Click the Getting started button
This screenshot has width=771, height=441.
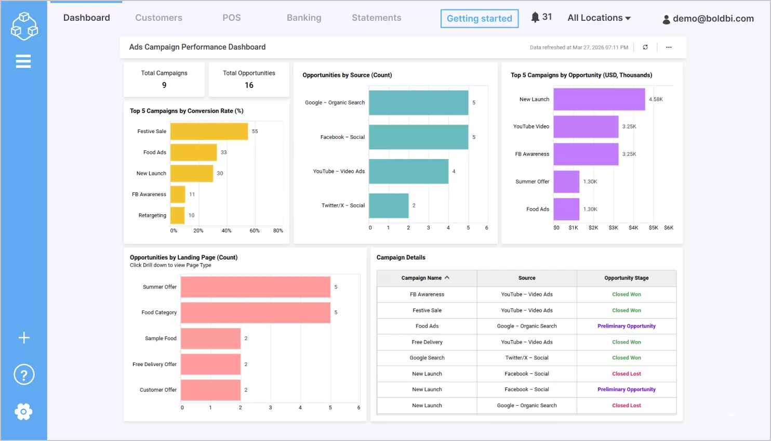pyautogui.click(x=479, y=19)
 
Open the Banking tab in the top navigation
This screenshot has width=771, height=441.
pyautogui.click(x=304, y=18)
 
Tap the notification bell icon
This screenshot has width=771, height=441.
pyautogui.click(x=535, y=17)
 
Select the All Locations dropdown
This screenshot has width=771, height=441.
pyautogui.click(x=599, y=18)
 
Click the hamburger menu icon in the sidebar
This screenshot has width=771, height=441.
pyautogui.click(x=23, y=61)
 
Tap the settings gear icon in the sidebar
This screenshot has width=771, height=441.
pyautogui.click(x=23, y=412)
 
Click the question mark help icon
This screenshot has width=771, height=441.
pyautogui.click(x=24, y=374)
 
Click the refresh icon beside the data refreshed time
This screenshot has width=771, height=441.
pyautogui.click(x=645, y=47)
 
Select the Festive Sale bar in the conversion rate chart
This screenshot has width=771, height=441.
pyautogui.click(x=209, y=132)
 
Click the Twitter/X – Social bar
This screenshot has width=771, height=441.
pyautogui.click(x=389, y=206)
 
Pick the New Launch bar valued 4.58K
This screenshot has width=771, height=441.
pyautogui.click(x=599, y=99)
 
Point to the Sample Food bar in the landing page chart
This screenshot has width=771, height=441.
pyautogui.click(x=210, y=339)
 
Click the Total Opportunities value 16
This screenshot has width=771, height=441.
pyautogui.click(x=249, y=85)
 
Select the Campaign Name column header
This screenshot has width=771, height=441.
pyautogui.click(x=421, y=278)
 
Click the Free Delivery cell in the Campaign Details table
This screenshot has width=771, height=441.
pyautogui.click(x=427, y=342)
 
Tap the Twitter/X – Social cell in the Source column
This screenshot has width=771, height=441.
pyautogui.click(x=527, y=358)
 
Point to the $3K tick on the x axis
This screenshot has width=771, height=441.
pyautogui.click(x=613, y=228)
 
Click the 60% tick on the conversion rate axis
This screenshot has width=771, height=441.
pyautogui.click(x=255, y=230)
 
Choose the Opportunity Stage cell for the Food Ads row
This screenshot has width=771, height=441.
pyautogui.click(x=626, y=326)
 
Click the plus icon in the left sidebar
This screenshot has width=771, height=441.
pyautogui.click(x=24, y=338)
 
